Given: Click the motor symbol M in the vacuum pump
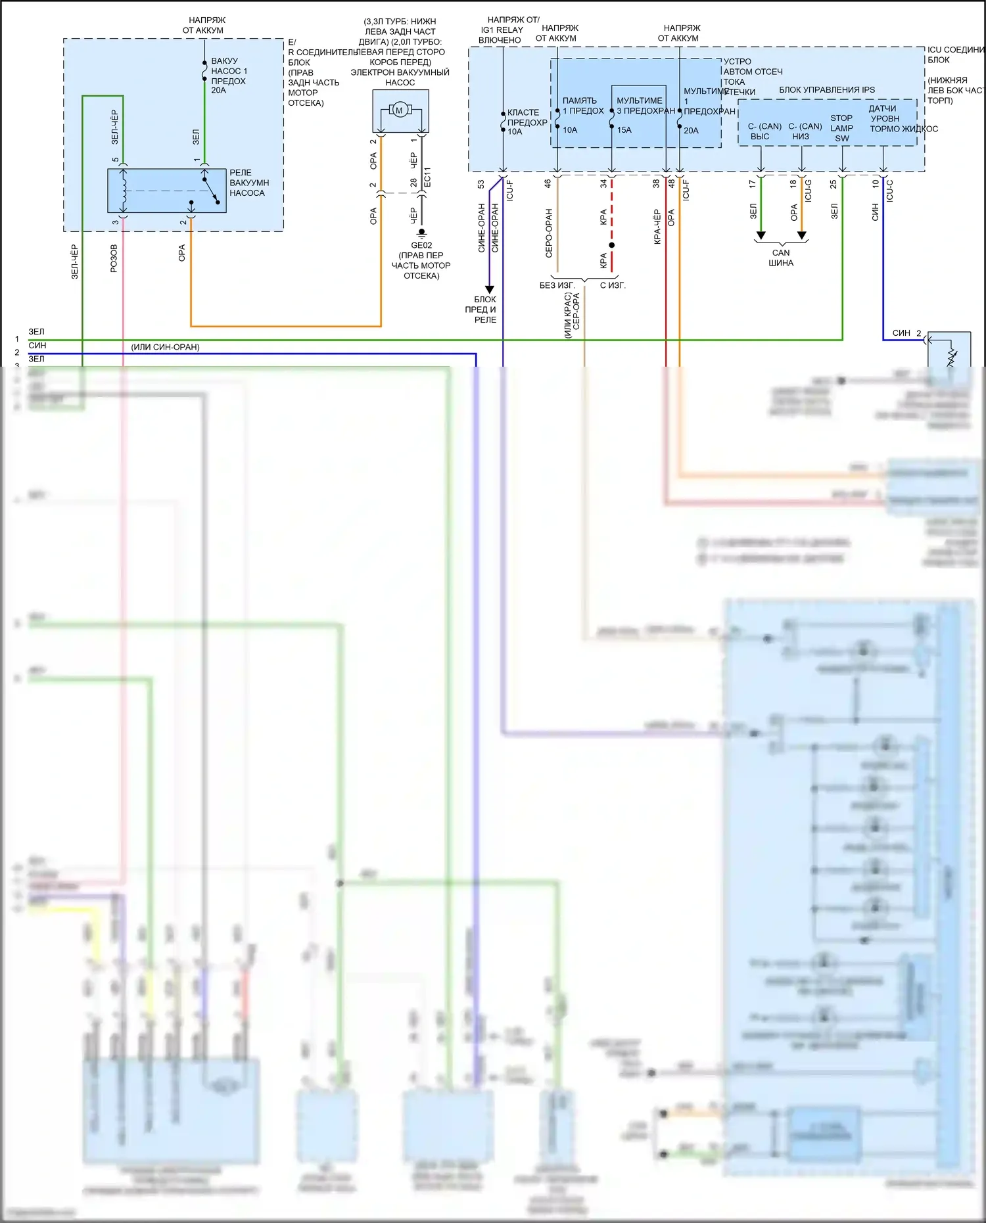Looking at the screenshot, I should pos(399,110).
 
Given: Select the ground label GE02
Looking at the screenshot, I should pos(421,245).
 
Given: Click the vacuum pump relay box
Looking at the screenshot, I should pos(167,191).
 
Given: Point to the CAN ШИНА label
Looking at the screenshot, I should pos(781,258).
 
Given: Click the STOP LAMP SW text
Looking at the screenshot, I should pos(841,128).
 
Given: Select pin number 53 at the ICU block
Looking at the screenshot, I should pos(481,185).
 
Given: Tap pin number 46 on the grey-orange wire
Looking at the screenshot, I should pos(548,184).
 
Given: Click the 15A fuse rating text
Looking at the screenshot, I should pos(624,130).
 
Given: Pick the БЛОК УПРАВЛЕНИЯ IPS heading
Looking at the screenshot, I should pos(827,90).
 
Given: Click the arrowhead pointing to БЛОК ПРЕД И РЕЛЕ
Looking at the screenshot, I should pos(489,289).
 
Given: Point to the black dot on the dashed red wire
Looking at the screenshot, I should pos(611,245).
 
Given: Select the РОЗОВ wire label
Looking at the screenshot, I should pos(114,258).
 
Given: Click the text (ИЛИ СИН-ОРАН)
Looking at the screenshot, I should pos(165,347).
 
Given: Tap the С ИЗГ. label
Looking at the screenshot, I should pos(613,285).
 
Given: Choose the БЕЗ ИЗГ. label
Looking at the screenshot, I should pos(557,285).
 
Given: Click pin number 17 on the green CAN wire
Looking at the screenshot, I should pos(752,185).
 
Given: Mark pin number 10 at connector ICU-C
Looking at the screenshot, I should pos(875,184).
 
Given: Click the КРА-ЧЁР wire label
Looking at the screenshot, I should pos(657,227).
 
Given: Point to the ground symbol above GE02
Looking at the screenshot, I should pos(421,233).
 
